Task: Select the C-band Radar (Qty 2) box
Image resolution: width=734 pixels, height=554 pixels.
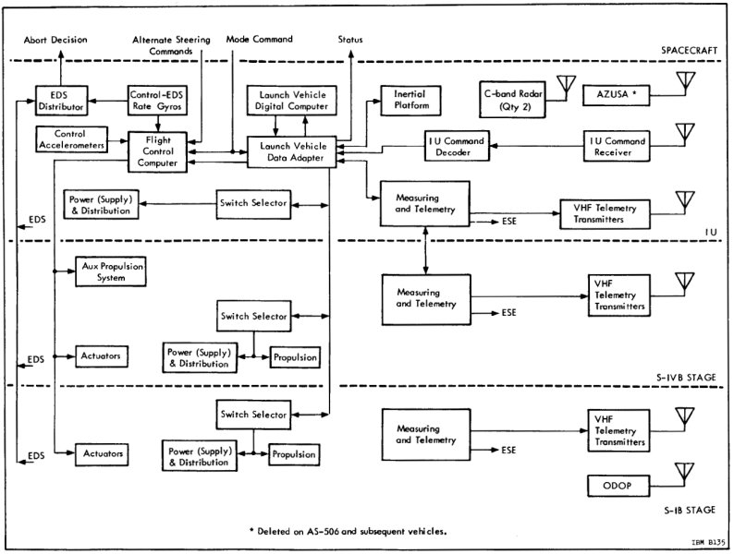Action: click(x=515, y=99)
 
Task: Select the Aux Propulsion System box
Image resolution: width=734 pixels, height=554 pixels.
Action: click(x=110, y=271)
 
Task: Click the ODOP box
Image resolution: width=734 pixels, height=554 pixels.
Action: click(x=618, y=486)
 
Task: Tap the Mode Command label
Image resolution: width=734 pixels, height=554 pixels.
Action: click(x=260, y=40)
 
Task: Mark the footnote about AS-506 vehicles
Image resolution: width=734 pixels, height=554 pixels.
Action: click(x=348, y=531)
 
